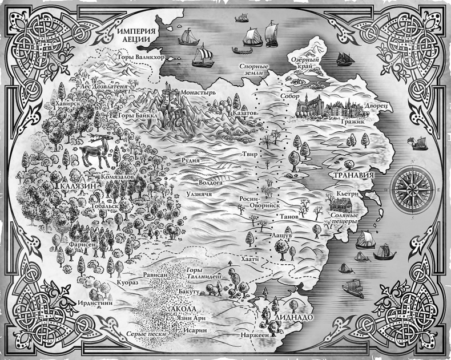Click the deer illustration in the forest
[91, 153]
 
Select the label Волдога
[209, 183]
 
